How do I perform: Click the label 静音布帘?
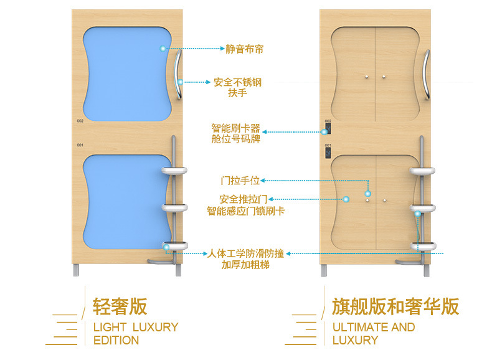pos(244,48)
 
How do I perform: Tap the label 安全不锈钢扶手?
pos(237,87)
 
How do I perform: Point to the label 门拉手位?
pos(240,181)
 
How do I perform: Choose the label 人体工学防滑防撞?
pos(245,253)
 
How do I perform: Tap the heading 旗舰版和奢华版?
pos(395,306)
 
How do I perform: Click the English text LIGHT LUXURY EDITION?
pos(135,333)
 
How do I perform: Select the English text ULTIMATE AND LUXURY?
pos(373,333)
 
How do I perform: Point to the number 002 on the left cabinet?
pos(80,121)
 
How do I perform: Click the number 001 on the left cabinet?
pos(80,145)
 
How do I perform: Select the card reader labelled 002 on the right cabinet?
pos(326,128)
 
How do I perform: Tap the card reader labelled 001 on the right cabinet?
pos(326,152)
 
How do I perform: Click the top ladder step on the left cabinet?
pos(176,169)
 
